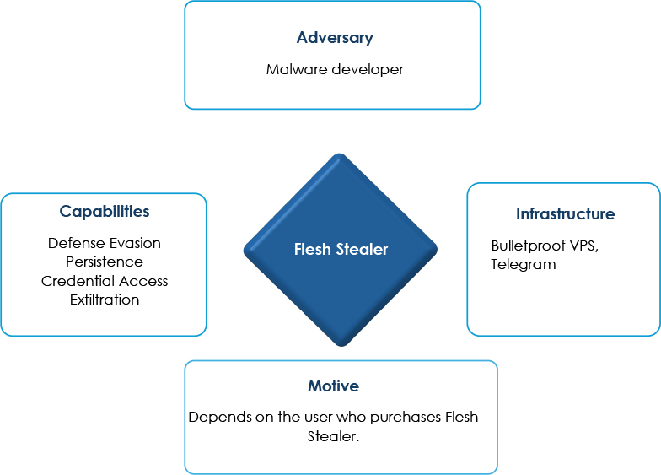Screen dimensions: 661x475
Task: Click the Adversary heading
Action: (x=335, y=38)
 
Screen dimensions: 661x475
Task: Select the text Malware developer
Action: (x=335, y=69)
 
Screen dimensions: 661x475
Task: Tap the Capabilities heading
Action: (x=105, y=212)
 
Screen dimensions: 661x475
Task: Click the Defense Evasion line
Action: (x=105, y=243)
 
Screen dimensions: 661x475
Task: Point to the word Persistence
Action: (x=105, y=262)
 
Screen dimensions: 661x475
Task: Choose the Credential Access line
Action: (x=105, y=280)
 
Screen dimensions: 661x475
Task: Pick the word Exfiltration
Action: (x=105, y=300)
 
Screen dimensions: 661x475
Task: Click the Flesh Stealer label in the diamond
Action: (x=341, y=250)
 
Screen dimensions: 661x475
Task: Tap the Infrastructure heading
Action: (x=565, y=214)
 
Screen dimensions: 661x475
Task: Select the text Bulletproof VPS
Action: (x=543, y=246)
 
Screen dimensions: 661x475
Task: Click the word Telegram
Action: (x=523, y=265)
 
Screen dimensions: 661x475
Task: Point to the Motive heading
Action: (x=333, y=386)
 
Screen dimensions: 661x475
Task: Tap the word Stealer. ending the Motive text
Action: (x=333, y=436)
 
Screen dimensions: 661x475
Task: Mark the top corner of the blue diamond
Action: (x=340, y=154)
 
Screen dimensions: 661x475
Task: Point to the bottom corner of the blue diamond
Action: (x=341, y=346)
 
